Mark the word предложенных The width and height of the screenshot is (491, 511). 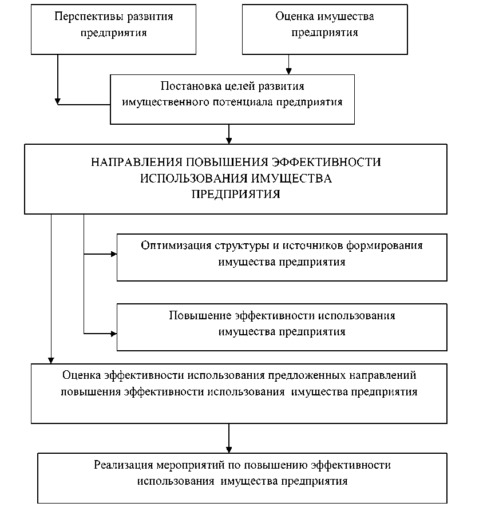pos(307,376)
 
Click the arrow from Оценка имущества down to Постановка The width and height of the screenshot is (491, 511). pos(290,64)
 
